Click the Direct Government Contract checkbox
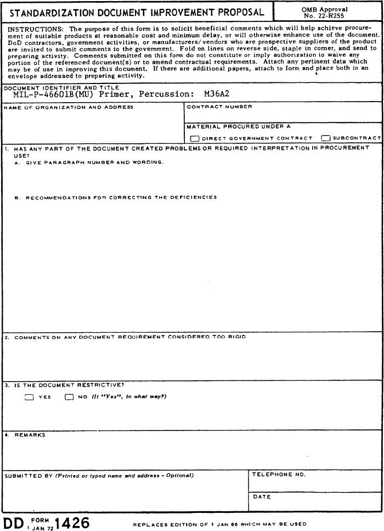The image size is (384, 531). [194, 138]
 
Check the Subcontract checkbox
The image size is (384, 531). [326, 138]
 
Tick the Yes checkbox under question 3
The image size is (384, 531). [30, 398]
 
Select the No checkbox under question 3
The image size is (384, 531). [69, 398]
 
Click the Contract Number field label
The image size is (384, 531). [219, 107]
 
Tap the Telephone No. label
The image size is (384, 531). [279, 474]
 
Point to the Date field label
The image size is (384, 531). [262, 497]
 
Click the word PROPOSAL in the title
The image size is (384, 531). [236, 12]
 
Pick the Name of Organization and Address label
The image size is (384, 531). [69, 107]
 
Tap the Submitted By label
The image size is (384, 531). [27, 476]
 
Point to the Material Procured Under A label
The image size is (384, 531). [239, 126]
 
